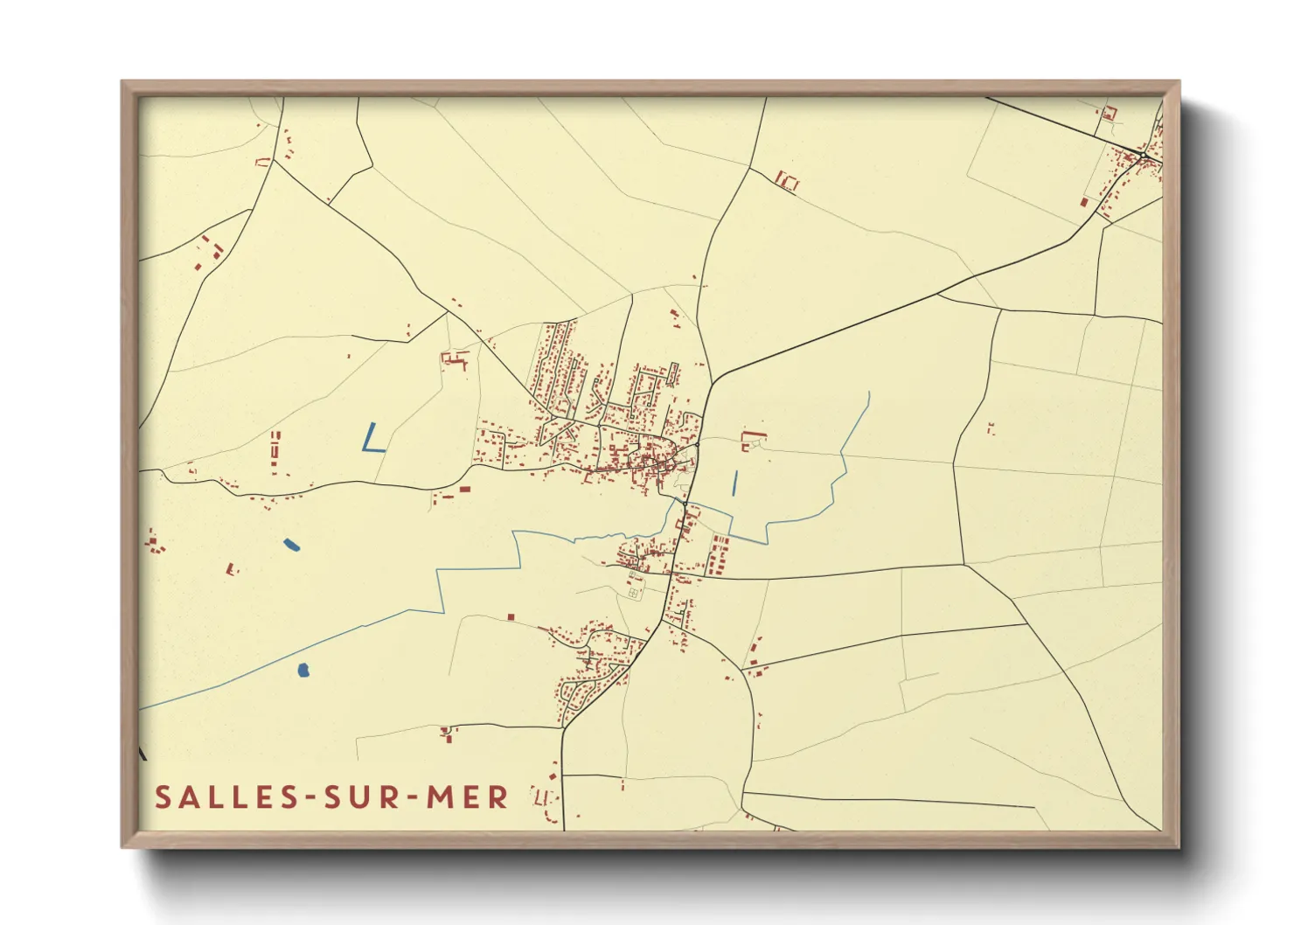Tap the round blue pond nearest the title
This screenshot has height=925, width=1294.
tap(303, 671)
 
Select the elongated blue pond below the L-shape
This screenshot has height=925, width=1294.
tap(291, 545)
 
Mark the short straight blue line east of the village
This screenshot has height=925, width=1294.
tap(734, 483)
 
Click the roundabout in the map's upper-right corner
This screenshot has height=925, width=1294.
tap(1143, 156)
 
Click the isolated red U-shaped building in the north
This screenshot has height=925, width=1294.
tap(788, 181)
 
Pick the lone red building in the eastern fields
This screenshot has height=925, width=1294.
tap(991, 428)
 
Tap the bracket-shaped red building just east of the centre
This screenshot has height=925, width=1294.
tap(751, 440)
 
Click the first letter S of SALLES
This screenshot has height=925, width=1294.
tap(163, 797)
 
